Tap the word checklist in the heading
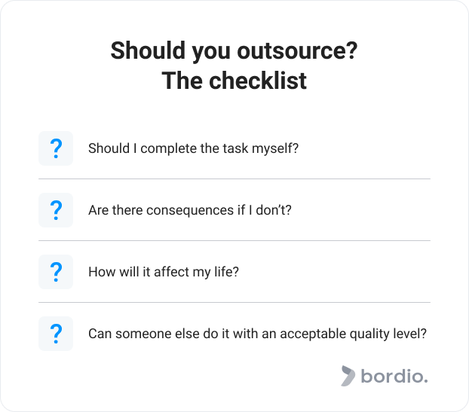(258, 81)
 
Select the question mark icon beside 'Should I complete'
(56, 148)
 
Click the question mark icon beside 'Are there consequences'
(56, 210)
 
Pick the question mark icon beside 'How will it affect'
(56, 272)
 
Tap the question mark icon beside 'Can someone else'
(56, 334)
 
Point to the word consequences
(190, 211)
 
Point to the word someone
(143, 334)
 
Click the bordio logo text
(394, 376)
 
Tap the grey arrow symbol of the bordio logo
(348, 376)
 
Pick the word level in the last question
(409, 334)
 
